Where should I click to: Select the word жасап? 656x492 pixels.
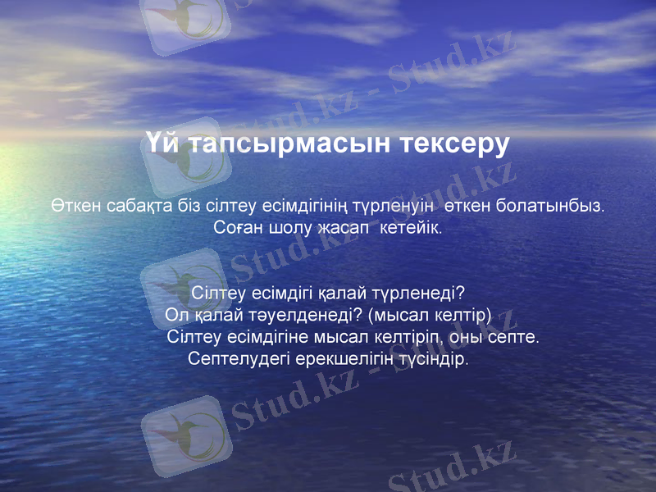(x=340, y=226)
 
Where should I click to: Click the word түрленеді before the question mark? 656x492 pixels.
(x=418, y=293)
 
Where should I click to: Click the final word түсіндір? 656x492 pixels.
(x=435, y=359)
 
